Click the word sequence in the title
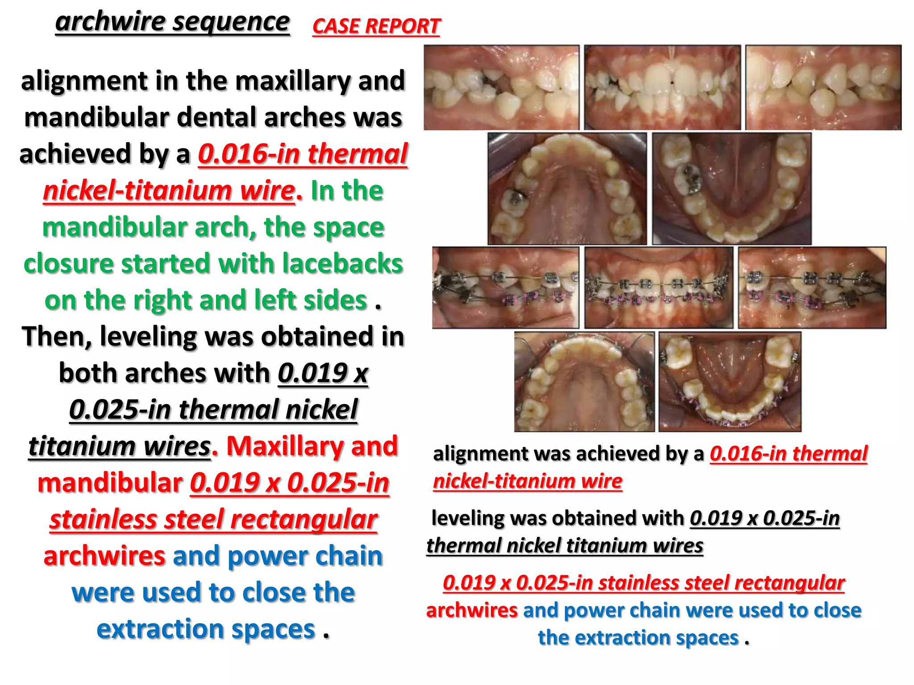pyautogui.click(x=231, y=22)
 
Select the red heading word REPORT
pyautogui.click(x=403, y=26)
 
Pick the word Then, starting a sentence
pyautogui.click(x=56, y=336)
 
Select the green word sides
pyautogui.click(x=335, y=300)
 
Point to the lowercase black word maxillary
pyautogui.click(x=292, y=81)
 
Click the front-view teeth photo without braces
pyautogui.click(x=662, y=88)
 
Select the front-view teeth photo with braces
pyautogui.click(x=659, y=288)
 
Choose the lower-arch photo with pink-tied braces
pyautogui.click(x=730, y=382)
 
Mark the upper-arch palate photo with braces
pyautogui.click(x=584, y=382)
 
